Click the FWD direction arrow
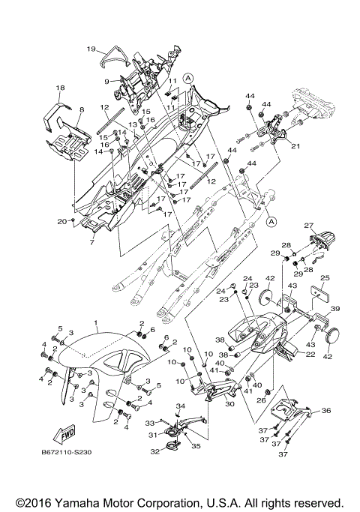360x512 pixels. (x=64, y=434)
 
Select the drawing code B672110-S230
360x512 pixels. (x=67, y=453)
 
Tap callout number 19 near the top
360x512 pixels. (x=91, y=49)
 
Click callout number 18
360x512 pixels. (x=60, y=88)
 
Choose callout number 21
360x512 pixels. (x=295, y=147)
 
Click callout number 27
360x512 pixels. (x=309, y=226)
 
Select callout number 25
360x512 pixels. (x=325, y=278)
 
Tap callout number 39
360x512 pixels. (x=335, y=309)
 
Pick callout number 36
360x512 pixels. (x=326, y=411)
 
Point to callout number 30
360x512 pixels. (x=230, y=404)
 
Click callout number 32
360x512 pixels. (x=155, y=452)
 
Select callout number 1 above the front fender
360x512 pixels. (x=96, y=322)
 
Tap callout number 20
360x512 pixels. (x=62, y=221)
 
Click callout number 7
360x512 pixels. (x=91, y=242)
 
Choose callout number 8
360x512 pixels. (x=82, y=109)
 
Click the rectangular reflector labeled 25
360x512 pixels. (x=319, y=294)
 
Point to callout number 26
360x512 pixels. (x=261, y=400)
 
